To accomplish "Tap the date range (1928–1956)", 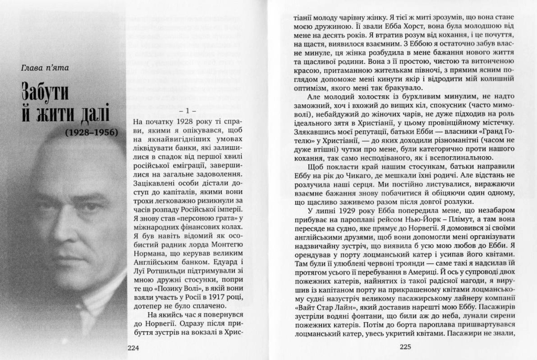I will [x=92, y=133].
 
